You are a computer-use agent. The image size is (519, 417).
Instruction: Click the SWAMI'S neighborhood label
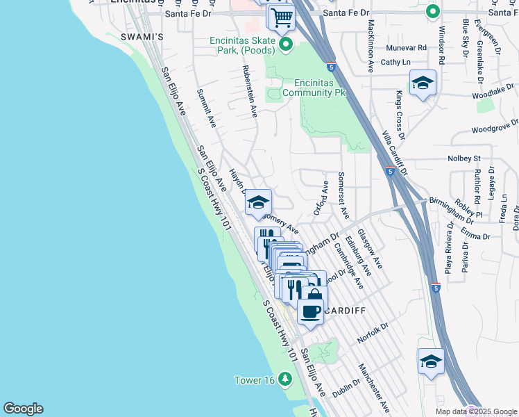tap(141, 36)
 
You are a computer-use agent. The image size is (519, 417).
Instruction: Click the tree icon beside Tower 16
tap(284, 379)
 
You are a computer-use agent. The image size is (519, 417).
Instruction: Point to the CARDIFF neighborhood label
tap(343, 310)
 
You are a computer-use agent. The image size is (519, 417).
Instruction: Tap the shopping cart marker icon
tap(282, 17)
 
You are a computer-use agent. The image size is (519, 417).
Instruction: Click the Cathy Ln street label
tap(391, 62)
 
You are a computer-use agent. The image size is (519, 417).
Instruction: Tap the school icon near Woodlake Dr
tap(423, 84)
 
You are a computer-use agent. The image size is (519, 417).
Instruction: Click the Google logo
tap(23, 409)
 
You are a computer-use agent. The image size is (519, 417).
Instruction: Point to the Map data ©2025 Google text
tap(476, 411)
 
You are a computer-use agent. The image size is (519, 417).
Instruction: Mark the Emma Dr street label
tap(478, 236)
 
